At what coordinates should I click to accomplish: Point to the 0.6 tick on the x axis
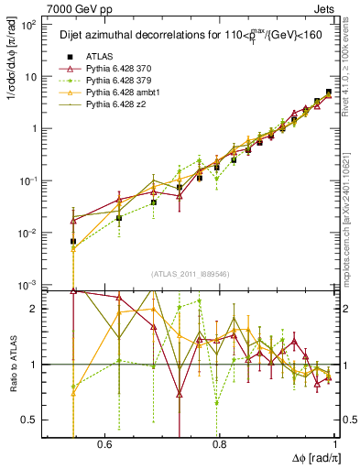(104, 444)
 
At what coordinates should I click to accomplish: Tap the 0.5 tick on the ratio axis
(33, 420)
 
